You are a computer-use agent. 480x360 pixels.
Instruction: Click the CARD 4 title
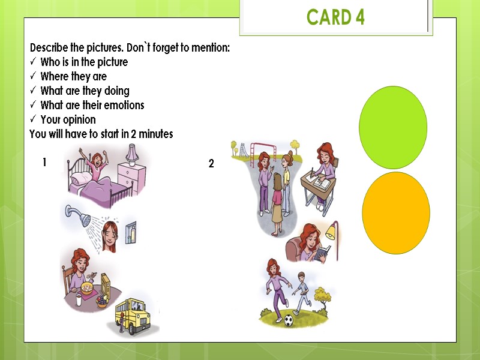(335, 17)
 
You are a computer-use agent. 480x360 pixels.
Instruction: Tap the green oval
(393, 127)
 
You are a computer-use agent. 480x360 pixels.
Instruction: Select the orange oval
(396, 213)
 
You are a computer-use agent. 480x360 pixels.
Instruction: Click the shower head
(73, 212)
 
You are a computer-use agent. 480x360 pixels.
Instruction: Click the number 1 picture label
(44, 162)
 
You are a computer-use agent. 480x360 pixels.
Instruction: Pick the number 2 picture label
(211, 163)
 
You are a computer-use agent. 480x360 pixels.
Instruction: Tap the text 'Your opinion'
(68, 119)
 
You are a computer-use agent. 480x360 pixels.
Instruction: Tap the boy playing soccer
(301, 291)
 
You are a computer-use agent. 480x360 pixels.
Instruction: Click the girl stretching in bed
(95, 164)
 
